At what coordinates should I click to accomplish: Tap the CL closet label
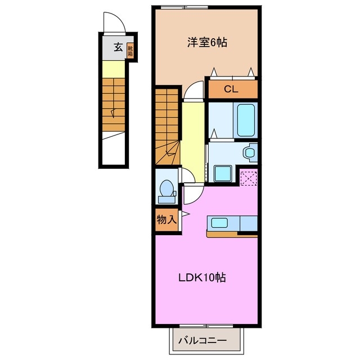click(x=231, y=89)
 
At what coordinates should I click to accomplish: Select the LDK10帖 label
click(x=202, y=277)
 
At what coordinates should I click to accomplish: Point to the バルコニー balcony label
click(x=202, y=341)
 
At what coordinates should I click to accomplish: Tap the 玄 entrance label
click(x=118, y=47)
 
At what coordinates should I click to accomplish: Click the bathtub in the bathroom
click(x=246, y=119)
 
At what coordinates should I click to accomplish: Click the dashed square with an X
click(x=249, y=177)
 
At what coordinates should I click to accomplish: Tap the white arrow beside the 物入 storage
click(x=183, y=214)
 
